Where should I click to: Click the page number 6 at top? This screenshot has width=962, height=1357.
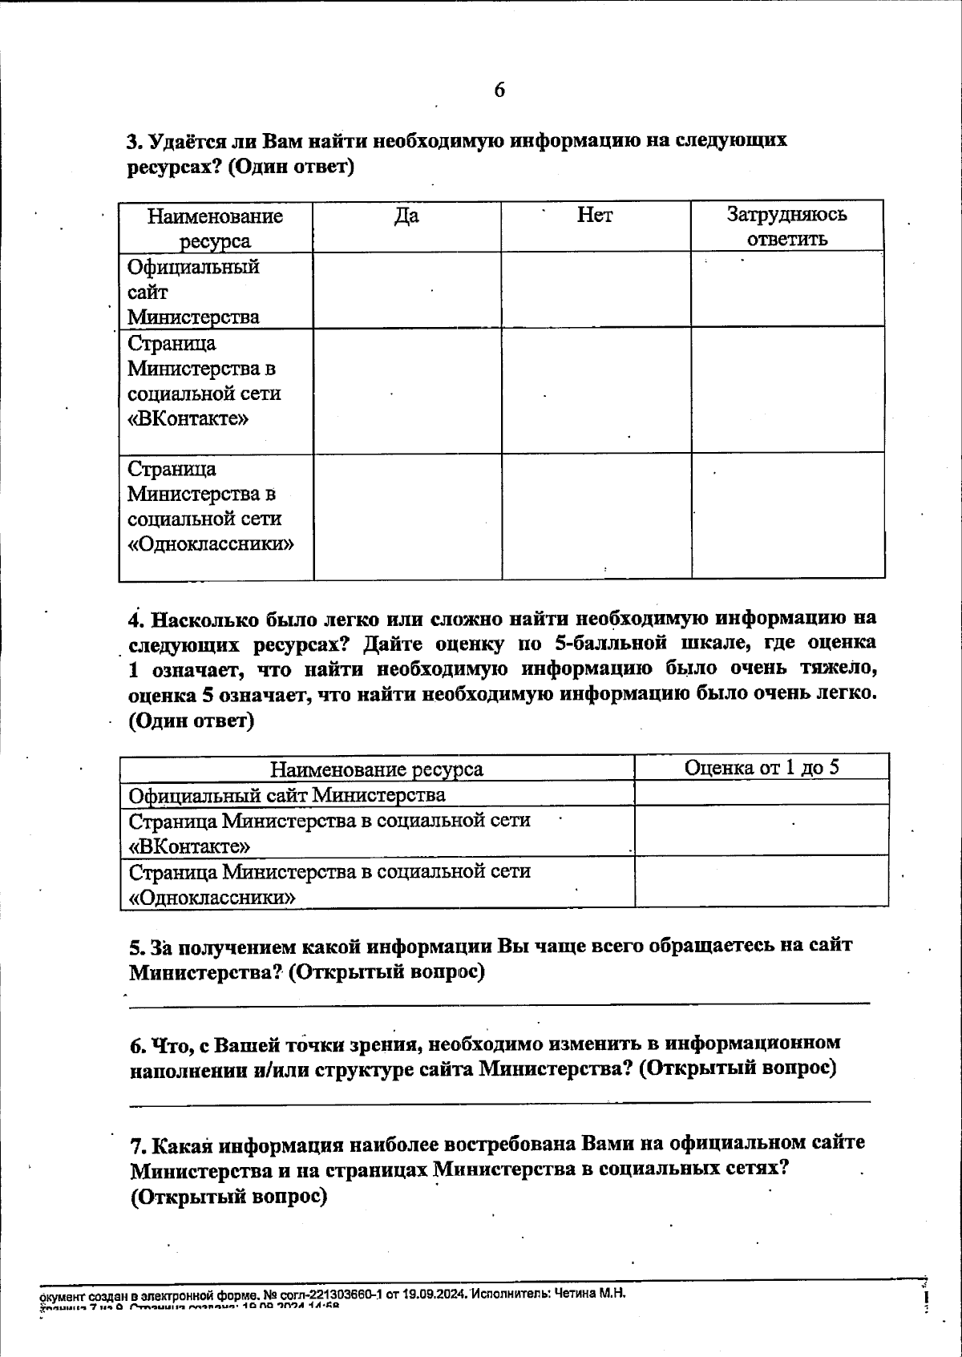pyautogui.click(x=499, y=90)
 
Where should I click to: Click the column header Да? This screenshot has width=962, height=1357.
pyautogui.click(x=406, y=216)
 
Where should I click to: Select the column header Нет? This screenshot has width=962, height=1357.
pyautogui.click(x=595, y=215)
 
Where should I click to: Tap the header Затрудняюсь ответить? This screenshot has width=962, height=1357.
pyautogui.click(x=786, y=226)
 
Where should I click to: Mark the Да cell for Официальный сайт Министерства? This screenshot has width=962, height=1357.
pyautogui.click(x=406, y=290)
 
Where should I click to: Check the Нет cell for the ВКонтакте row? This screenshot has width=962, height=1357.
pyautogui.click(x=596, y=390)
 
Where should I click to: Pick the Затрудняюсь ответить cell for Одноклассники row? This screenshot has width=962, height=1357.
pyautogui.click(x=787, y=516)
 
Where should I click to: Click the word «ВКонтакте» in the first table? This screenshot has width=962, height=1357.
pyautogui.click(x=188, y=419)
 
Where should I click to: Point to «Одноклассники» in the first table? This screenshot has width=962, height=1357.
pyautogui.click(x=211, y=544)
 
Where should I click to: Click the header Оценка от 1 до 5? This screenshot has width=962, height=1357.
pyautogui.click(x=762, y=767)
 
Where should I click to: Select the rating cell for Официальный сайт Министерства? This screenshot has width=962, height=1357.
pyautogui.click(x=762, y=794)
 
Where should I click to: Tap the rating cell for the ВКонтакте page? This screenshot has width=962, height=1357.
pyautogui.click(x=762, y=830)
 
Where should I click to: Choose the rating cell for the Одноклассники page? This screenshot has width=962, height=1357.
pyautogui.click(x=762, y=882)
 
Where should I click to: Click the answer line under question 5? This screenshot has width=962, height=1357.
pyautogui.click(x=499, y=1002)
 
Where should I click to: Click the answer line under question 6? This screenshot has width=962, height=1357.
pyautogui.click(x=499, y=1101)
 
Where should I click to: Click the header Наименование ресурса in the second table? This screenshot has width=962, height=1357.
pyautogui.click(x=377, y=769)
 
